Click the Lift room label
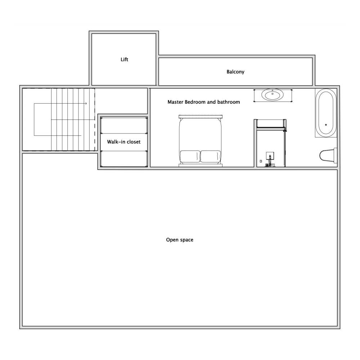coord(124,59)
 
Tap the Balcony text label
coord(235,72)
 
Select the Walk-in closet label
coord(124,142)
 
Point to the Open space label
coord(180,240)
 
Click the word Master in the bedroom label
coord(175,102)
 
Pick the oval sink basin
coord(273,95)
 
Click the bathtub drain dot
coord(326,125)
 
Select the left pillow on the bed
coord(190,157)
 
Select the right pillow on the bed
coord(211,157)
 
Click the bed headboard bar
coord(201,116)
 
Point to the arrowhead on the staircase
coord(86,104)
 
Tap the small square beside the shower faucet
coord(261,161)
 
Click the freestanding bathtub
coord(326,113)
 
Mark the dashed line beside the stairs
coord(95,120)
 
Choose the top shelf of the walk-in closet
coord(124,125)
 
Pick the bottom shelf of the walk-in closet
coord(124,159)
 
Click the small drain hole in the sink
coord(273,94)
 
